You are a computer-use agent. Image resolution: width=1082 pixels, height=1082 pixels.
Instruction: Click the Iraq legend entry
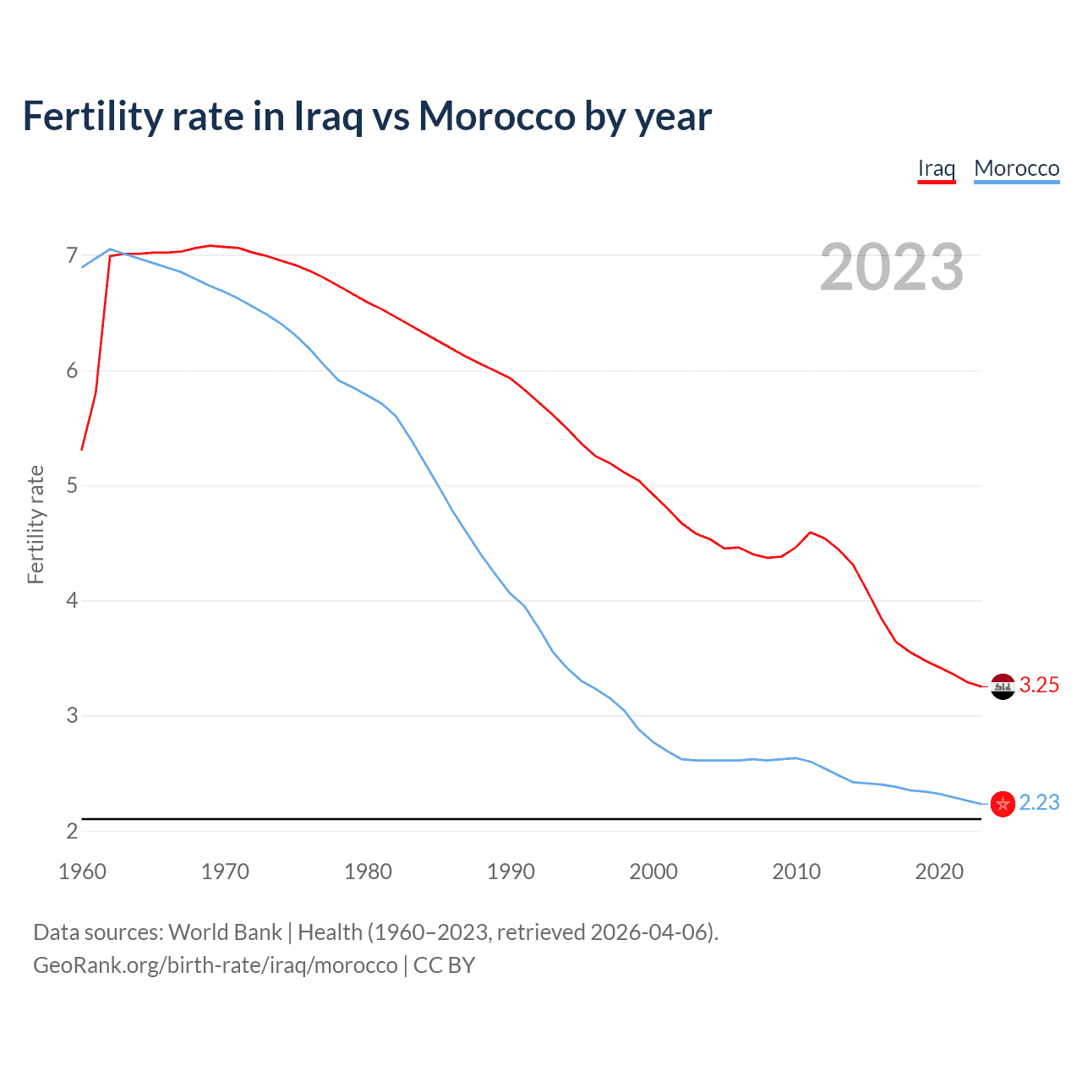[936, 168]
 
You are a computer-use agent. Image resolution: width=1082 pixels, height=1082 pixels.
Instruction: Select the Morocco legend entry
[1016, 168]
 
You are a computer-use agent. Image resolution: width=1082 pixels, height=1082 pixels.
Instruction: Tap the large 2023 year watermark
[891, 267]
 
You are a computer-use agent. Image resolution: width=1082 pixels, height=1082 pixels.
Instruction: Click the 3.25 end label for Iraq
[1039, 685]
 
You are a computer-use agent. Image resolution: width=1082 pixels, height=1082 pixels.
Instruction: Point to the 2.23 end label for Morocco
[1039, 802]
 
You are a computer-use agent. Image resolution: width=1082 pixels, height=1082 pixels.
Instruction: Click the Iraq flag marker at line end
[1003, 686]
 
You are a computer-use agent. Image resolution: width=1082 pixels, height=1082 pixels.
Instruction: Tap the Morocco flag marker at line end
[1003, 804]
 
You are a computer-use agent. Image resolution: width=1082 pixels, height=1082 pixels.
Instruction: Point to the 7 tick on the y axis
[72, 255]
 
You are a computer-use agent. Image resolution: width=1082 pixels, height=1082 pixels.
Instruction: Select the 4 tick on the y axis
[72, 600]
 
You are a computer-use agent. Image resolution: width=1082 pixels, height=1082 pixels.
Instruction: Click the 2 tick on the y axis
[72, 831]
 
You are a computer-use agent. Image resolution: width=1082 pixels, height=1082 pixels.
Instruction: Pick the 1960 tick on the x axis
[82, 872]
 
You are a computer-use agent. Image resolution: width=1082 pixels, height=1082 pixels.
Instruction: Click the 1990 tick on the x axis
[511, 872]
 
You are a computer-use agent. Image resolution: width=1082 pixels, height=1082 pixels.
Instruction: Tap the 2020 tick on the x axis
[939, 872]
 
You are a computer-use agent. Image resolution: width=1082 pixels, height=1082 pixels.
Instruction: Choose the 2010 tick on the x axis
[796, 872]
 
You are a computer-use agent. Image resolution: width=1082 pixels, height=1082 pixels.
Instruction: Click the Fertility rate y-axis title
[36, 524]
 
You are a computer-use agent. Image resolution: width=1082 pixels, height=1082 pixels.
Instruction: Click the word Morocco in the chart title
[497, 116]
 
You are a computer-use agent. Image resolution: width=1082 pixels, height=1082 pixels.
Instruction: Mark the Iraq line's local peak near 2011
[811, 533]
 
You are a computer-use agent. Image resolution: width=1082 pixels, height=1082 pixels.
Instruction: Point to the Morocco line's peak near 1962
[110, 249]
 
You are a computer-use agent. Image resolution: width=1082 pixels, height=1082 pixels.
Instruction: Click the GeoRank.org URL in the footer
[215, 965]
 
